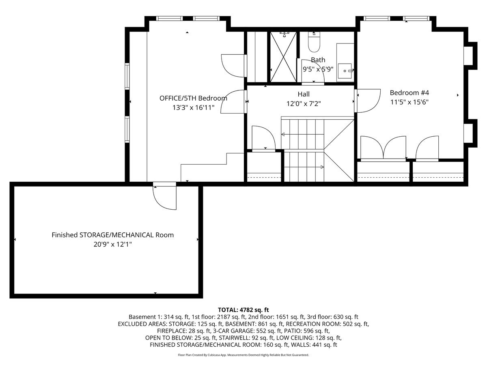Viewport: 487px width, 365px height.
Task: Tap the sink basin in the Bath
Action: point(345,71)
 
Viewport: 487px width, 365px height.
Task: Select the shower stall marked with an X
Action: point(283,57)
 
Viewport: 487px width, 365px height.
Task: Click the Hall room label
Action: point(304,94)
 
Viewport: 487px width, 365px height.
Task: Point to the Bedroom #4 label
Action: point(409,92)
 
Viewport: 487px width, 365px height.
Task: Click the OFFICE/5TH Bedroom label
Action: point(193,98)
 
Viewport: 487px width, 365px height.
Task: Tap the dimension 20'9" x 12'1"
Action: point(113,245)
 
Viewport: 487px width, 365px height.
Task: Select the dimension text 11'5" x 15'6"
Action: point(409,102)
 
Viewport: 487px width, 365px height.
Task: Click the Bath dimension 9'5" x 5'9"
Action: point(318,69)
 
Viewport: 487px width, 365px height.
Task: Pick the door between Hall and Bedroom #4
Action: point(367,101)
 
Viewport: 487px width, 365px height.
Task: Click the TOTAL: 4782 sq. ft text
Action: point(243,309)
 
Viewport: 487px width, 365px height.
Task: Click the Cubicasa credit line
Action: point(243,355)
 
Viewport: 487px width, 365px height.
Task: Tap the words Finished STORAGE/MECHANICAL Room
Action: point(113,235)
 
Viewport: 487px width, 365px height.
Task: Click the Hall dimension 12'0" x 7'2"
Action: point(304,103)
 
